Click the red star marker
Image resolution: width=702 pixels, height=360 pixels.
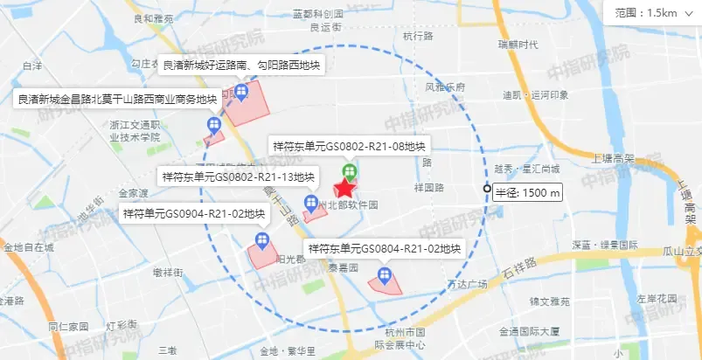345,188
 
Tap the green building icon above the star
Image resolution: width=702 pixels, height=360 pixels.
349,170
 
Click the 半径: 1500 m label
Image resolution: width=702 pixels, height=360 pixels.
528,192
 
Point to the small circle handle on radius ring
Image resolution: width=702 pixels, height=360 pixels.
487,189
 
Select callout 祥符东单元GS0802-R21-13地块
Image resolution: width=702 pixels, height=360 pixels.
238,177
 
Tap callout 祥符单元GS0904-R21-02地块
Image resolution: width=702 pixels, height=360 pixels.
193,213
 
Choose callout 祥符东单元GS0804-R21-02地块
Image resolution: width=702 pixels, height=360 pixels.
384,249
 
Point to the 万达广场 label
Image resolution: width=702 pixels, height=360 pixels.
466,284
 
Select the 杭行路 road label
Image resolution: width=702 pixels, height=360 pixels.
418,36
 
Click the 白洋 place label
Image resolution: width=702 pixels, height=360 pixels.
32,66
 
